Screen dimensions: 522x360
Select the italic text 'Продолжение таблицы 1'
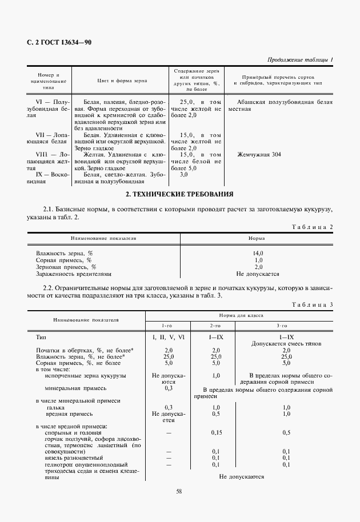coord(301,60)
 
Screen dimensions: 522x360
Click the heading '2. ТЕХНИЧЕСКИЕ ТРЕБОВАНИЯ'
coord(179,195)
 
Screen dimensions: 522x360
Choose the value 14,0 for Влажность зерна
coord(258,253)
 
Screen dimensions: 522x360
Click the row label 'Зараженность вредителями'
coord(71,274)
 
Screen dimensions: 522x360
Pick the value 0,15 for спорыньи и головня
coord(217,433)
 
